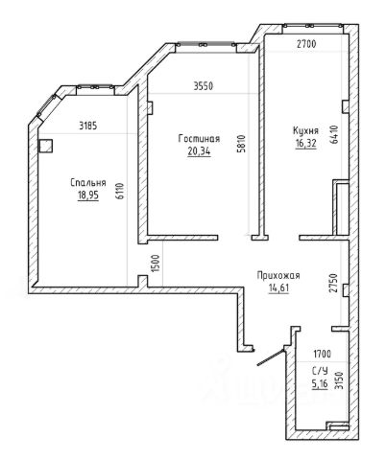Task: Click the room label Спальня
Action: (88, 183)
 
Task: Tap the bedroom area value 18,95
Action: (88, 195)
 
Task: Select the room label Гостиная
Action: (199, 139)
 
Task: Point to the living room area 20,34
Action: (199, 150)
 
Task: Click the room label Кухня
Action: (306, 130)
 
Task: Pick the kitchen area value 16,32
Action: (306, 143)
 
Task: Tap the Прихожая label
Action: (278, 275)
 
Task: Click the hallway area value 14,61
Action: (278, 287)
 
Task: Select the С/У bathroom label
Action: (320, 371)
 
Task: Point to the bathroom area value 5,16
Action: (320, 383)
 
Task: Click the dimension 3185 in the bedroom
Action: (88, 126)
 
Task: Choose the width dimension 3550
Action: (204, 86)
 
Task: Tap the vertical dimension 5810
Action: (241, 144)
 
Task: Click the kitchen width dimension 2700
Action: (306, 44)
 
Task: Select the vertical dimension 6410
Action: (334, 135)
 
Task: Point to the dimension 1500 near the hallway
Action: (156, 264)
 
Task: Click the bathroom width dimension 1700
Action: (323, 354)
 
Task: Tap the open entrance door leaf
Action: (271, 357)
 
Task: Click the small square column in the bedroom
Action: (45, 146)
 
